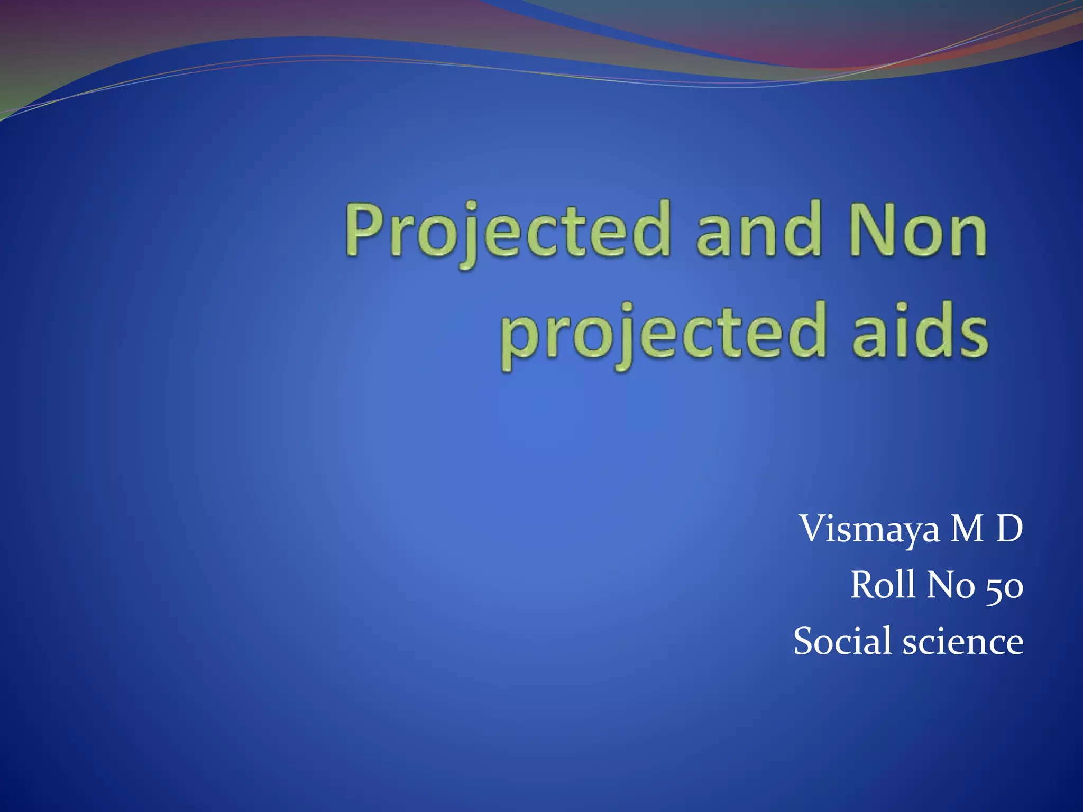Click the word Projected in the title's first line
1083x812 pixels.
coord(508,231)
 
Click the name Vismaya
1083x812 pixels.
coord(870,529)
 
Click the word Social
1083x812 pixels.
coord(842,641)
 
